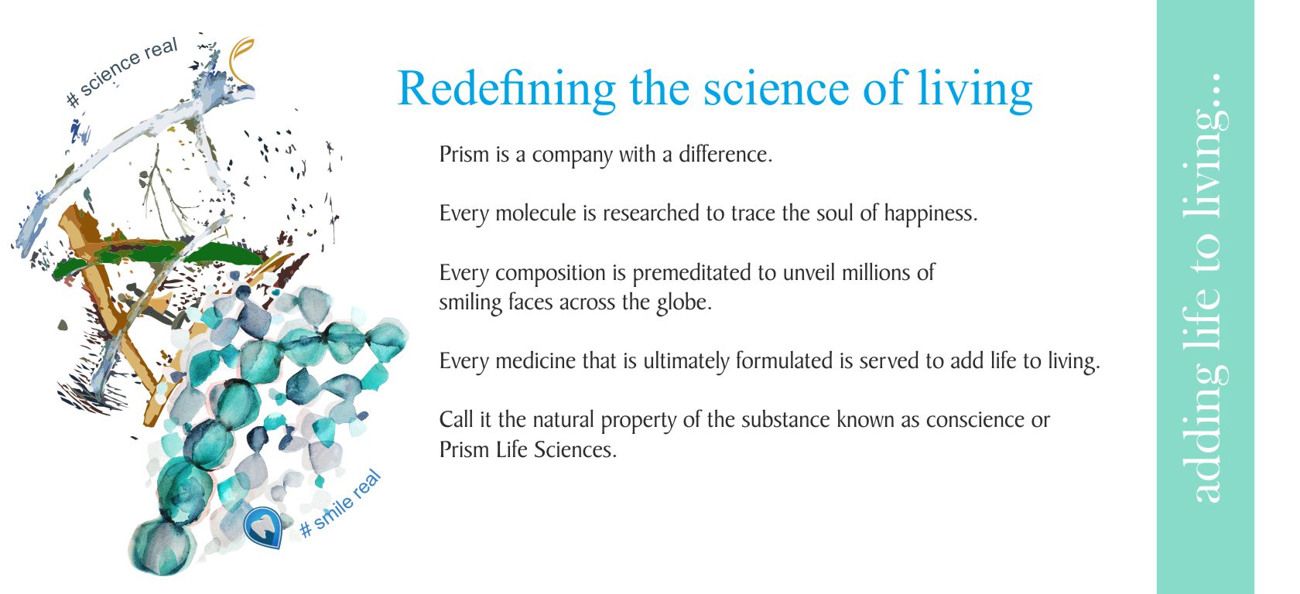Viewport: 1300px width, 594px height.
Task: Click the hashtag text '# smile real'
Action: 340,504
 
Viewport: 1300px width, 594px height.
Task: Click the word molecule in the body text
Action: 536,213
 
